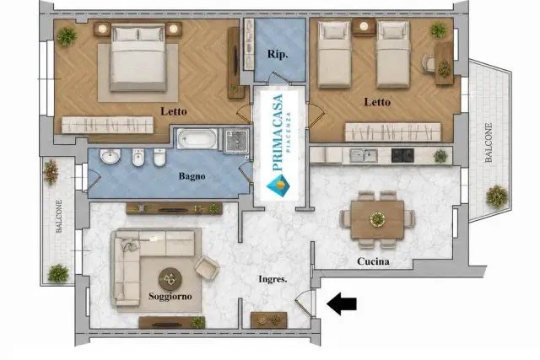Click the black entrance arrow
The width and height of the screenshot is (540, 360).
(341, 304)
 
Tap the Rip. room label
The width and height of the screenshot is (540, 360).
(278, 54)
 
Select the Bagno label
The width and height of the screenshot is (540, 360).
(192, 176)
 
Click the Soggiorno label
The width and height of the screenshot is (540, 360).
(170, 296)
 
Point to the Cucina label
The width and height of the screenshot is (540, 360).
(373, 261)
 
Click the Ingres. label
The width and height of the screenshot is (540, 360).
(273, 279)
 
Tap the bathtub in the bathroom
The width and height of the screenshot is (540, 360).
(197, 139)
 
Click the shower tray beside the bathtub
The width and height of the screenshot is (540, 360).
(236, 141)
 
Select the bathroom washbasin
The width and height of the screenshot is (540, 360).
(111, 157)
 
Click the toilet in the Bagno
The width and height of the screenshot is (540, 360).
(159, 158)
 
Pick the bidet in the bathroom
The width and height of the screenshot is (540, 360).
(138, 158)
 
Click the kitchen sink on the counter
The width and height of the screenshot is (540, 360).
(364, 155)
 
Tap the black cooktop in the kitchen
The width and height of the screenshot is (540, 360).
(402, 156)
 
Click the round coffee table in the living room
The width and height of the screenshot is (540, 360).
(170, 279)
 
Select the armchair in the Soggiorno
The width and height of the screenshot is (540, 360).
(208, 267)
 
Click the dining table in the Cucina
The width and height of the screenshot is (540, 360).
(377, 219)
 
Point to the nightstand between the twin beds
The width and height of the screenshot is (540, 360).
(364, 27)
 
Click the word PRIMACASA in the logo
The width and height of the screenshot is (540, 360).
(278, 132)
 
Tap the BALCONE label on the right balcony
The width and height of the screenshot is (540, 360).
(489, 142)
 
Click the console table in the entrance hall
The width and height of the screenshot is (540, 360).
(268, 320)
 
